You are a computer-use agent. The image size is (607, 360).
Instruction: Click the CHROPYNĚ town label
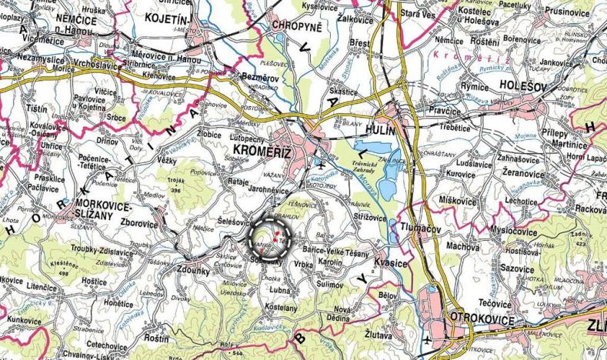tap(296, 25)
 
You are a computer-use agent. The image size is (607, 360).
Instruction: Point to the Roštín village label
tap(157, 338)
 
